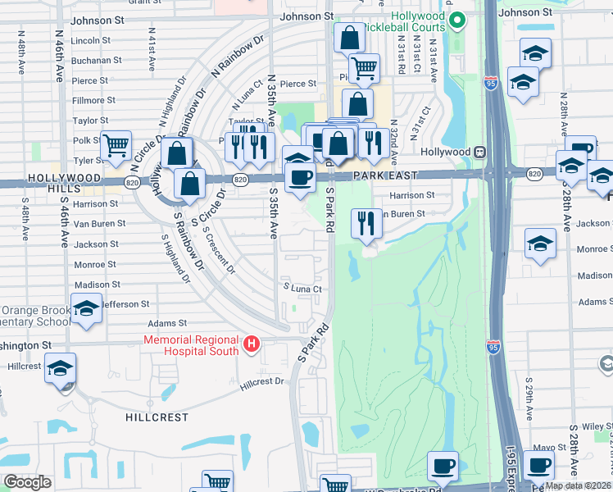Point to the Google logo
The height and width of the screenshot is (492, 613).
[x=27, y=482]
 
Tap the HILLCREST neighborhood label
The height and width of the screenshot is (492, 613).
[x=157, y=417]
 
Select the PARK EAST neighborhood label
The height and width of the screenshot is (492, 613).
[x=385, y=175]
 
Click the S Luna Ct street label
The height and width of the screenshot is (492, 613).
[x=301, y=289]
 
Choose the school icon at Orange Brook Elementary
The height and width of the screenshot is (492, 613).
[x=85, y=308]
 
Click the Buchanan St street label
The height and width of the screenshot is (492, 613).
[x=96, y=60]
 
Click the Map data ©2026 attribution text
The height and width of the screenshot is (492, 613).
[x=577, y=485]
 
